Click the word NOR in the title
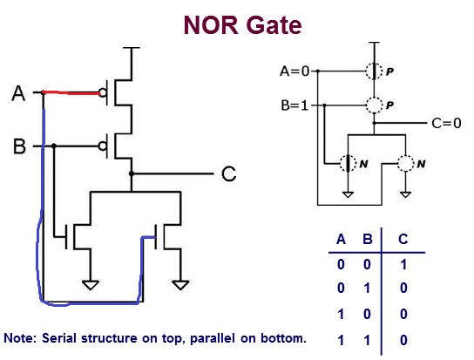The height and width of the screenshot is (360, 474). click(211, 24)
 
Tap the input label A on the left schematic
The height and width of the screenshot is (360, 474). click(18, 93)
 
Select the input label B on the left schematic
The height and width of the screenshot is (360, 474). click(19, 146)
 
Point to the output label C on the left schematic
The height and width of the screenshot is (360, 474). click(228, 173)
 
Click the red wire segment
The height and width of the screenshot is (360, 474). click(71, 92)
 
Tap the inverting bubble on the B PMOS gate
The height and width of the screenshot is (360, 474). click(103, 146)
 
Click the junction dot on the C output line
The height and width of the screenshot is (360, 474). click(132, 173)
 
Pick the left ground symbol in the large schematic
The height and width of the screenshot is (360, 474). click(91, 285)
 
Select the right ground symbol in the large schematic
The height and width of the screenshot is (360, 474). click(180, 285)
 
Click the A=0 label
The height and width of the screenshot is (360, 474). click(295, 71)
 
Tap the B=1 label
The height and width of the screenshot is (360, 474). click(295, 105)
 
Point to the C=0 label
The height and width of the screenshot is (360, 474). click(446, 123)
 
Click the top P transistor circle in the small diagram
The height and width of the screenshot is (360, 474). click(375, 71)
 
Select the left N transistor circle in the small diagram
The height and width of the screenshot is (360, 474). click(349, 164)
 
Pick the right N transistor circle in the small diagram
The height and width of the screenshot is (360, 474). click(405, 164)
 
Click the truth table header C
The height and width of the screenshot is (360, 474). click(403, 240)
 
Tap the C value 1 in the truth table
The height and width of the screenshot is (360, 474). click(403, 265)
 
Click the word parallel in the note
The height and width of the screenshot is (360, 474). click(213, 338)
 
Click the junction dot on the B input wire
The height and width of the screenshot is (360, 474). click(54, 146)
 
